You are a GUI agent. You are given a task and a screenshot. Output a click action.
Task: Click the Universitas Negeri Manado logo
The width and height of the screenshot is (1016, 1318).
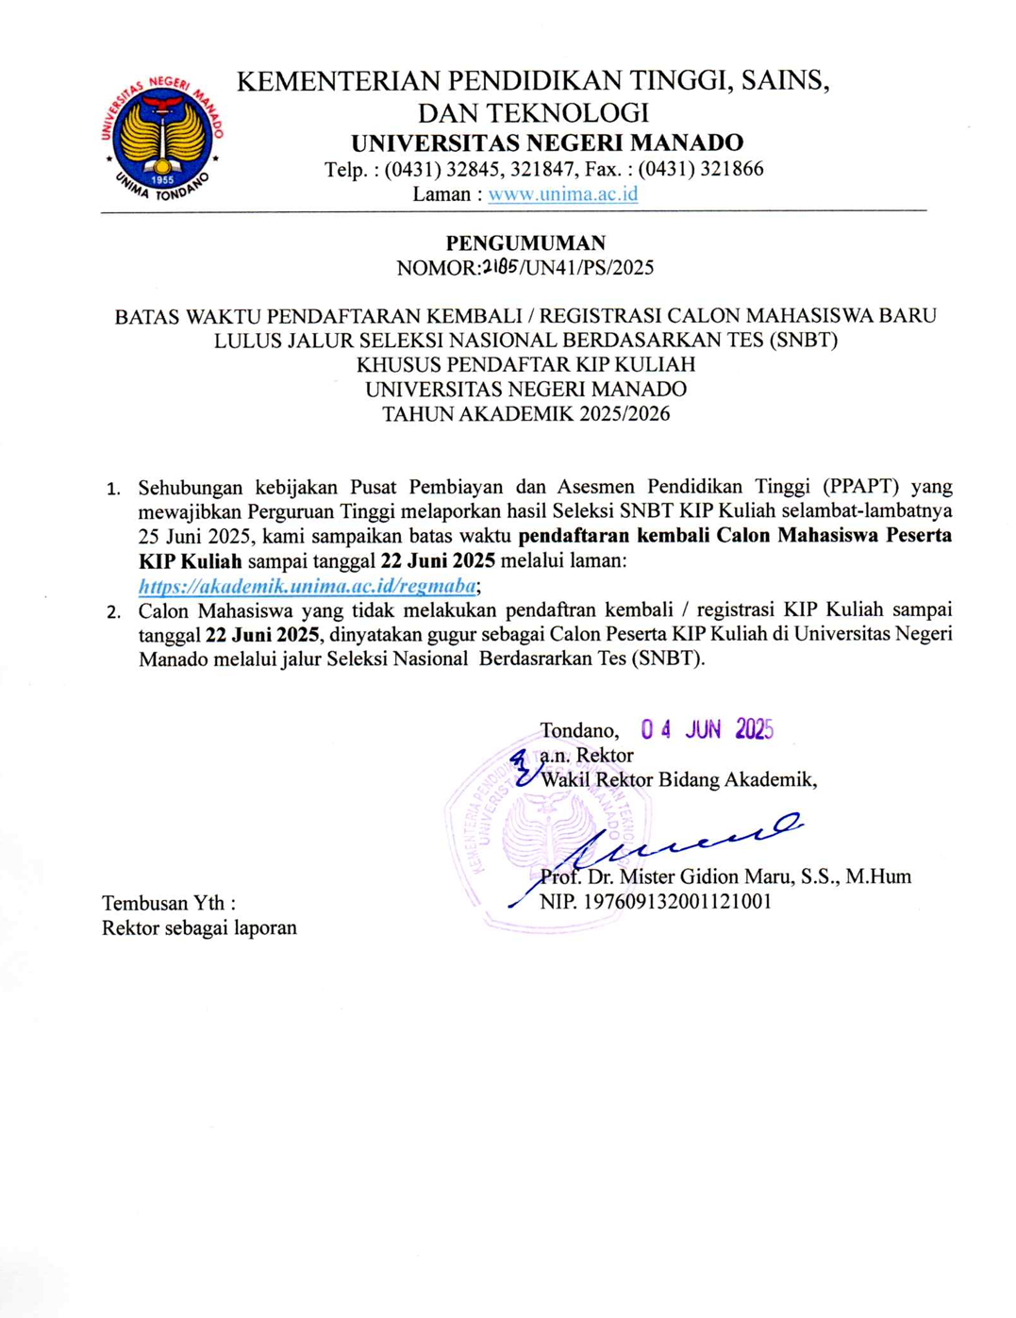(x=163, y=138)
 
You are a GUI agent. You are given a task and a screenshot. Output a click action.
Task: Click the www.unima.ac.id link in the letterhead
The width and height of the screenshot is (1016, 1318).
(x=562, y=194)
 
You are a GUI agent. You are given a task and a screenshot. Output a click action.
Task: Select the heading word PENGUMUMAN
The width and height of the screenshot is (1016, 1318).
(x=525, y=243)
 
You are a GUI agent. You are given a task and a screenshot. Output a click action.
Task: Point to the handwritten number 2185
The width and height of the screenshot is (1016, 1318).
(x=500, y=267)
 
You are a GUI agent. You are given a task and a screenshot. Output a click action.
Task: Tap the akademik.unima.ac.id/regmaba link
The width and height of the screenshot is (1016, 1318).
(x=308, y=586)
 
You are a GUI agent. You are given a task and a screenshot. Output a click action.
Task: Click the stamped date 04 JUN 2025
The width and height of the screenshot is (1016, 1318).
(x=707, y=729)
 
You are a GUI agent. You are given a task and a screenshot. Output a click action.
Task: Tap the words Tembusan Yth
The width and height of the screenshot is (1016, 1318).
(x=169, y=903)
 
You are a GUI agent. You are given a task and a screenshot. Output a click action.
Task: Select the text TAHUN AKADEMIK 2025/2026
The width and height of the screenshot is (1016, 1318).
(x=525, y=414)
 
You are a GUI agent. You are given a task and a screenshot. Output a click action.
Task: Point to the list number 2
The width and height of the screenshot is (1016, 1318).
(x=113, y=611)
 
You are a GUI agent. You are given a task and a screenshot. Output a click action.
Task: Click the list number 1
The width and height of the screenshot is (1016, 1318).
(x=113, y=489)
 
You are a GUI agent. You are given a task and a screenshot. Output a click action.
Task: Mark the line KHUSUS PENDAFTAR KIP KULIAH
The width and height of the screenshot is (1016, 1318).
(x=525, y=365)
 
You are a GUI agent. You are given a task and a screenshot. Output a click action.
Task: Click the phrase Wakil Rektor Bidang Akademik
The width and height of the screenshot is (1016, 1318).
(x=677, y=779)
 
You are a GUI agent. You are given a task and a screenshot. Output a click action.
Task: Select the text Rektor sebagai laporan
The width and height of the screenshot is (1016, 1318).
(x=199, y=927)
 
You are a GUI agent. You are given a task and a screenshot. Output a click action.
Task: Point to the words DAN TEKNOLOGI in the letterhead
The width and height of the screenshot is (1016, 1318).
(x=534, y=113)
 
